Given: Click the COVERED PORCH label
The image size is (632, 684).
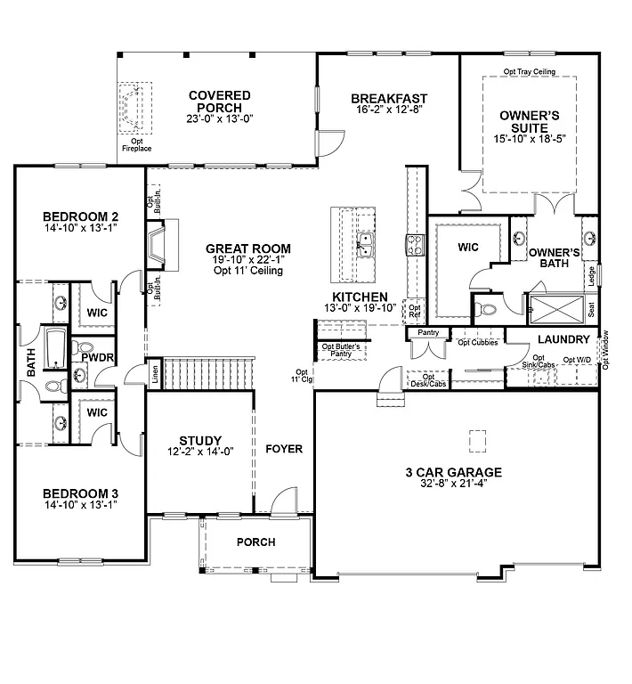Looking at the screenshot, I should point(219,102).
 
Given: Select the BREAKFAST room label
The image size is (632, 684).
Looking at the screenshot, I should point(389,99).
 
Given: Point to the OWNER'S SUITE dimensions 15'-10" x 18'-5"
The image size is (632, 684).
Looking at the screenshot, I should point(529,139).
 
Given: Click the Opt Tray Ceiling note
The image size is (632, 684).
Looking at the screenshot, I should point(529,70).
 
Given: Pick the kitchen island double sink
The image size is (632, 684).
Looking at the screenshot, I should point(365,245).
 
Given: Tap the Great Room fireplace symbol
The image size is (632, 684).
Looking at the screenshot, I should point(158,245).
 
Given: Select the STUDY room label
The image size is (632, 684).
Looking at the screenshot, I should point(199,440).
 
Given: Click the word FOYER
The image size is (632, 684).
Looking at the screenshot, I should point(284,449).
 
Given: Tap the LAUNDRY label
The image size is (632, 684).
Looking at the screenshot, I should point(563,340).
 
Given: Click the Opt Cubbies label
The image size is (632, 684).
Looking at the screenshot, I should point(476,341).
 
